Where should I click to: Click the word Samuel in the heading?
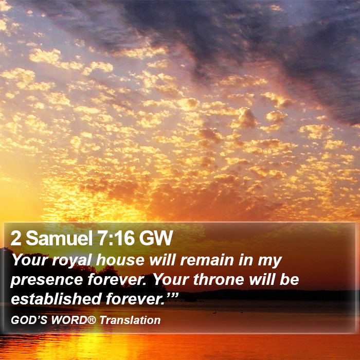59,238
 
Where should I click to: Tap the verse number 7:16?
116,238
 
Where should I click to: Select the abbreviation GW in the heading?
156,238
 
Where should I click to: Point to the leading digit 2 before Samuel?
16,238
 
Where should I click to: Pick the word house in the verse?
120,260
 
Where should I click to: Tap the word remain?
207,260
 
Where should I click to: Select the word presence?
47,281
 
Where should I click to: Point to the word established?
56,299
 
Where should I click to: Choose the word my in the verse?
270,262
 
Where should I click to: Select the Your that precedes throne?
171,280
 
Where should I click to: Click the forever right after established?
135,299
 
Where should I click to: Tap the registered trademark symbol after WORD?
92,319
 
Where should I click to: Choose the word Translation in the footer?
130,320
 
